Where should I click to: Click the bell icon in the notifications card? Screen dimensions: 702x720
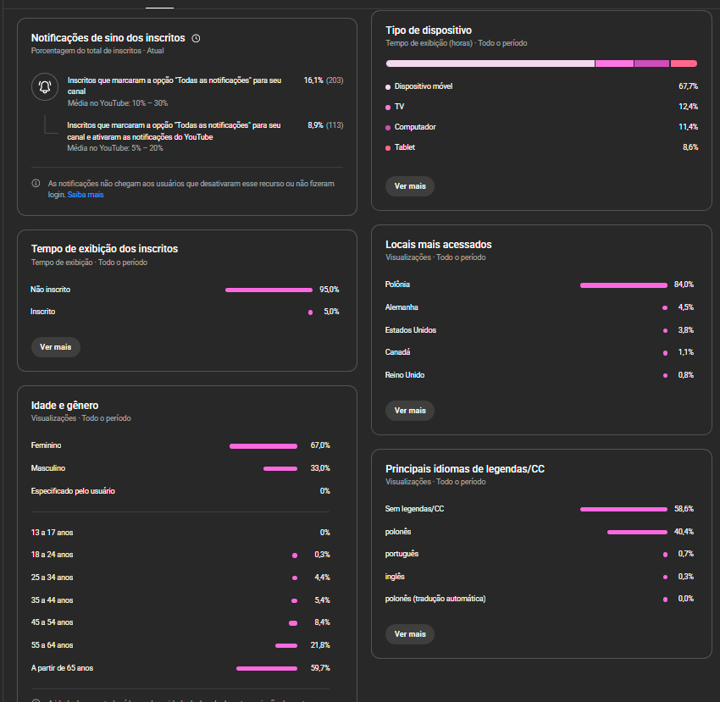(x=45, y=86)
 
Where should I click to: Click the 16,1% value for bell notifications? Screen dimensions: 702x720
(x=313, y=80)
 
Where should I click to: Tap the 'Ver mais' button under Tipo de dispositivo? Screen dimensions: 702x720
(x=410, y=185)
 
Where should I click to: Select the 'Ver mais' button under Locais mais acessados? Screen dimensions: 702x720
(x=410, y=410)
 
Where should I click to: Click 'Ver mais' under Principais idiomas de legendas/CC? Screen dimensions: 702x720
(x=410, y=633)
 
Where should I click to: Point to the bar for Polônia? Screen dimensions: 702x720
(x=623, y=285)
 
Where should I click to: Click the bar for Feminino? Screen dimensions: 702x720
(x=263, y=445)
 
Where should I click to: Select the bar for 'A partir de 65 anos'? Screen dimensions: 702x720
(x=267, y=668)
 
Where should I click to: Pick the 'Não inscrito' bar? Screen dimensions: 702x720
(x=269, y=290)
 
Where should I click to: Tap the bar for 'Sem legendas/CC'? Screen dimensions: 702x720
(x=623, y=509)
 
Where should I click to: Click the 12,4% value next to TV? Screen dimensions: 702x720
(x=688, y=107)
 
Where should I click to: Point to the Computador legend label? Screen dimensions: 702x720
(x=415, y=127)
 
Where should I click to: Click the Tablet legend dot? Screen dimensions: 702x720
(x=388, y=147)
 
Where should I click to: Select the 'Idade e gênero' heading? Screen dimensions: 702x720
(x=64, y=406)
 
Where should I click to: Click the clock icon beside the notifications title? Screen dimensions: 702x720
(x=196, y=38)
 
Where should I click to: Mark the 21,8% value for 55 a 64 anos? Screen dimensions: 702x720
(x=320, y=645)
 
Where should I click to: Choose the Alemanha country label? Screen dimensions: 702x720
(x=402, y=307)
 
